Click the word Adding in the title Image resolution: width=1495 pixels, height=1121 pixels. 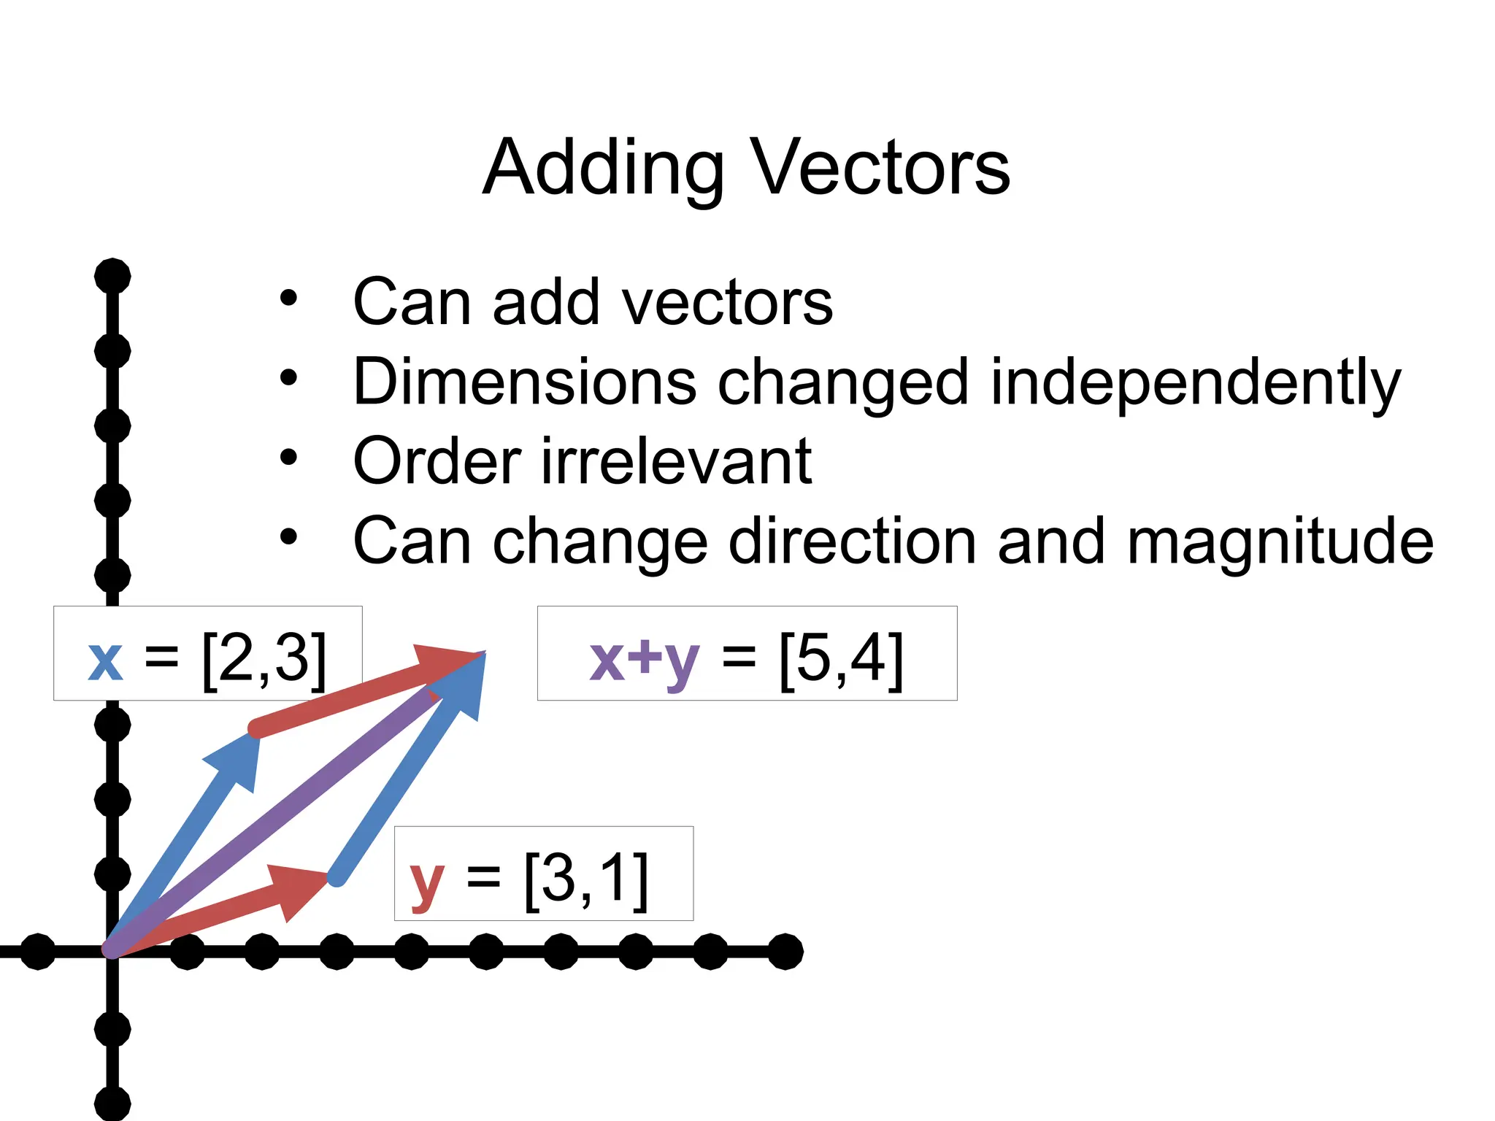click(603, 169)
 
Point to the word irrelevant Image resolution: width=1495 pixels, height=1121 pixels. click(676, 461)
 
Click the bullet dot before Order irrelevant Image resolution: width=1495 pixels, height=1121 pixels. click(288, 458)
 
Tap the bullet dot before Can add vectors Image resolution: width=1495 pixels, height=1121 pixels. click(288, 298)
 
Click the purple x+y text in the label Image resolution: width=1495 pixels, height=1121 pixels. click(644, 659)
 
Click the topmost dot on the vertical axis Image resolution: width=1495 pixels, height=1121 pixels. click(112, 277)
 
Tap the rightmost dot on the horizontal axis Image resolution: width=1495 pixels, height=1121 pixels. click(785, 951)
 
